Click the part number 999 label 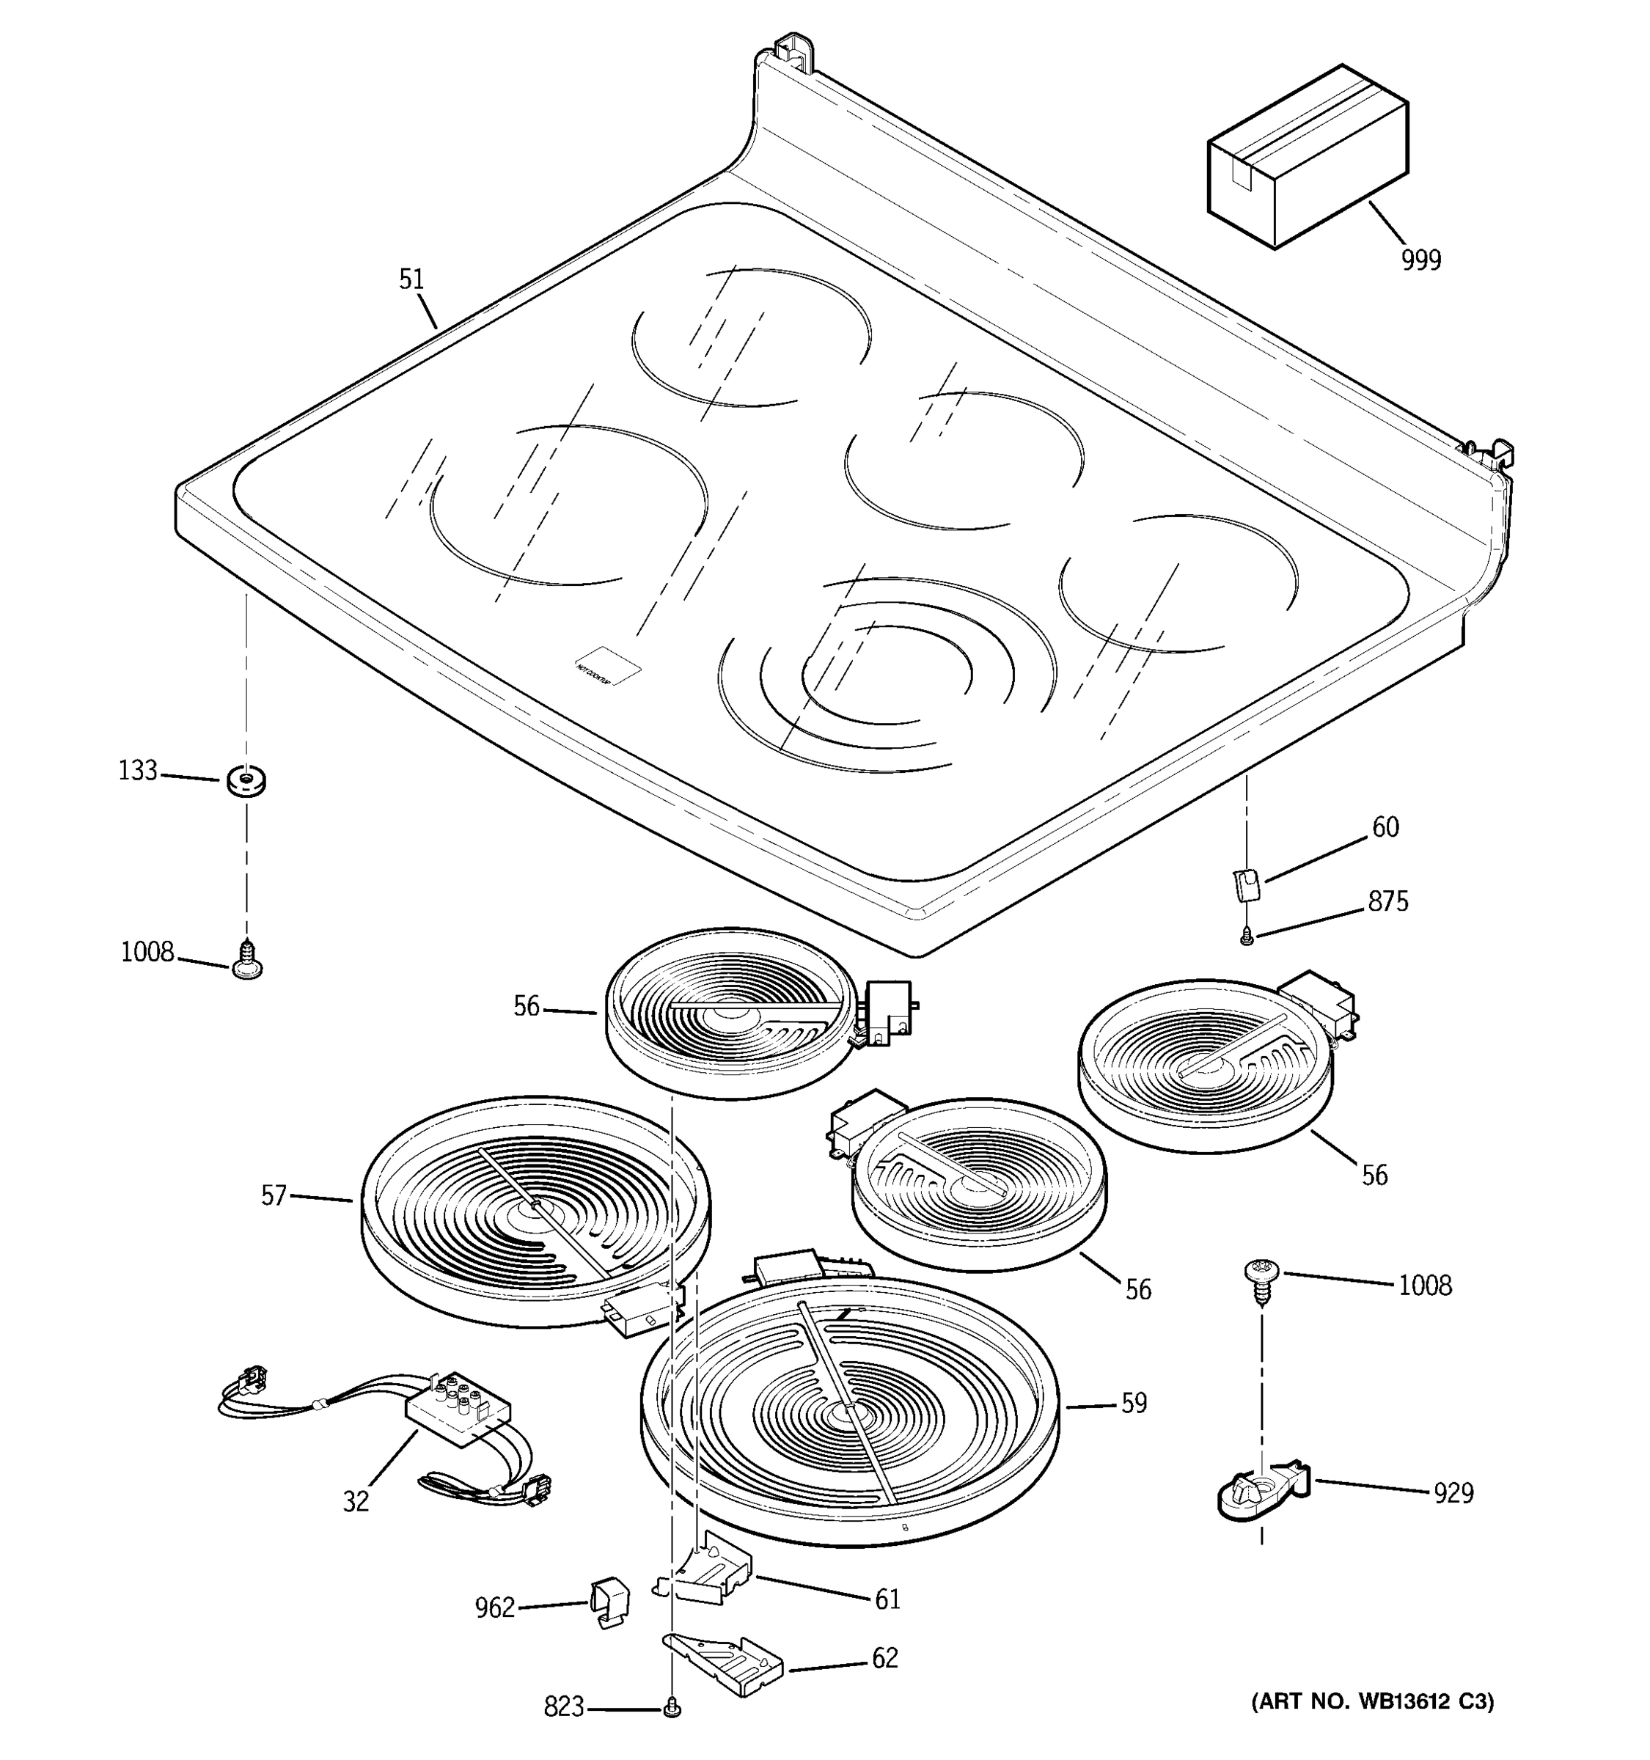click(x=1420, y=260)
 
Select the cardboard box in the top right click(x=1307, y=158)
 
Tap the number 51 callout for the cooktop click(x=411, y=279)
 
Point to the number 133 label click(x=137, y=771)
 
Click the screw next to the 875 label click(x=1247, y=936)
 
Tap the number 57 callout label click(x=274, y=1196)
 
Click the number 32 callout click(x=355, y=1501)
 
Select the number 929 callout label click(x=1453, y=1494)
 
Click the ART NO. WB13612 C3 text click(x=1371, y=1701)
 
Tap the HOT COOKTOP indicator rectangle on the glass click(x=607, y=664)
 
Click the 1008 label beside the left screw click(x=147, y=953)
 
